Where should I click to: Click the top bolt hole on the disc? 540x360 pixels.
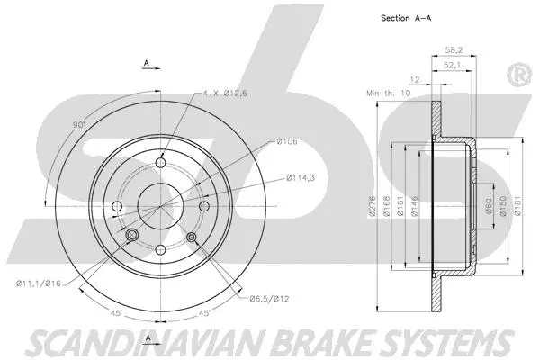pos(161,162)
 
